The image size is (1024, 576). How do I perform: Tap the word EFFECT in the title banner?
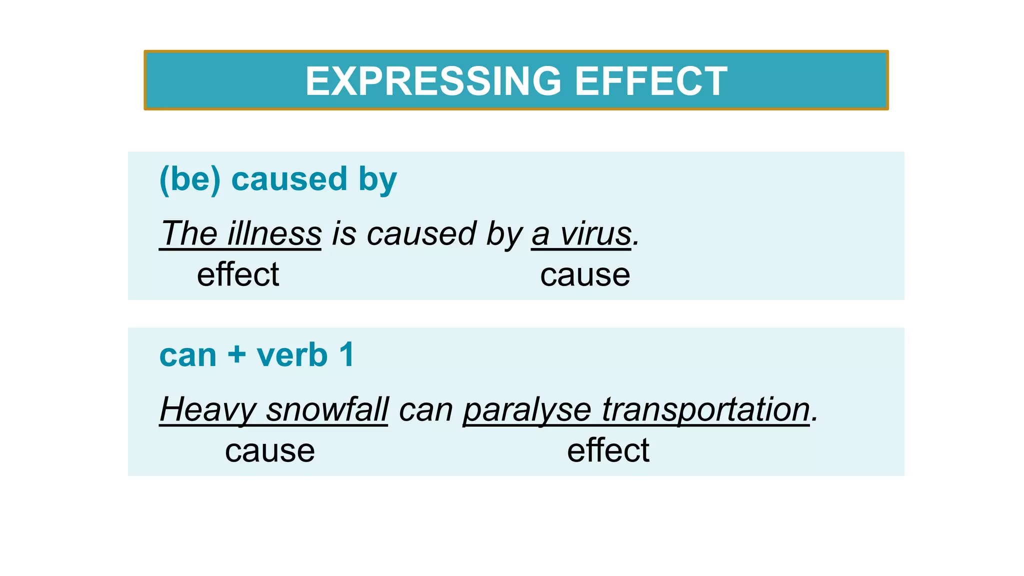tap(651, 81)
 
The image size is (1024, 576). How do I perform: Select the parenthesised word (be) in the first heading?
tap(189, 179)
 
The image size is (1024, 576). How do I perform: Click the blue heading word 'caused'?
tap(289, 179)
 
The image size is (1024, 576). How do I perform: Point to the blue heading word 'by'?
tap(377, 180)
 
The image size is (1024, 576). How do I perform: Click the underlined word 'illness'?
tap(274, 233)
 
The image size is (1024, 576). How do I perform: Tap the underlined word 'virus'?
tap(595, 233)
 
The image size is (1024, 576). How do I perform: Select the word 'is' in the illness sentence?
tap(343, 233)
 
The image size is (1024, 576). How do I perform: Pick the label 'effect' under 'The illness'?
tap(238, 274)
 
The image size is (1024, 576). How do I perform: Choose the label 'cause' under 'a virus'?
tap(585, 275)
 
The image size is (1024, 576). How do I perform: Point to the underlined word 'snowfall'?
tap(327, 409)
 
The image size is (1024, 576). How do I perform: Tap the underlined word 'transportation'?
tap(705, 409)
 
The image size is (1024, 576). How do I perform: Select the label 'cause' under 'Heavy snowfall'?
tap(270, 451)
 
